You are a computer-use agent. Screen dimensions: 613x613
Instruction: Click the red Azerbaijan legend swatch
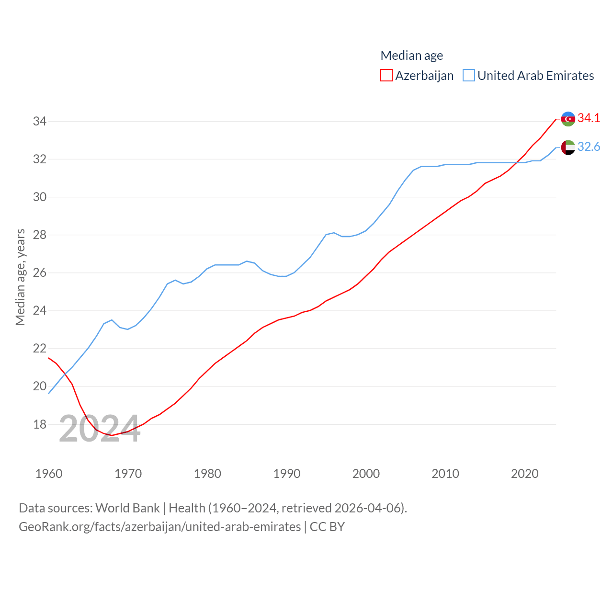tap(386, 76)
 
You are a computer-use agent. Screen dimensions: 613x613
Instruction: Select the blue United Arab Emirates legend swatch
tap(469, 76)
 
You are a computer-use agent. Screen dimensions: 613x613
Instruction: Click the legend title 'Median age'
tap(411, 56)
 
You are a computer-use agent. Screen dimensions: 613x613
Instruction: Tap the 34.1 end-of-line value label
tap(589, 118)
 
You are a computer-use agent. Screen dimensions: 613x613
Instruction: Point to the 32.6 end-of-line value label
tap(589, 147)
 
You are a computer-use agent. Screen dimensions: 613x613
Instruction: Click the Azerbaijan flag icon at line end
tap(568, 119)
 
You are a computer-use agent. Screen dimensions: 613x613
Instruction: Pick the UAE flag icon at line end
tap(568, 148)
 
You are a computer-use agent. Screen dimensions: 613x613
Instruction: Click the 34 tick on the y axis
tap(40, 121)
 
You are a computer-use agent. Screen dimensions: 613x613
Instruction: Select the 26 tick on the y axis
tap(40, 273)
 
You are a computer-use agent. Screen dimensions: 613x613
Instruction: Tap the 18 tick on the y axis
tap(40, 424)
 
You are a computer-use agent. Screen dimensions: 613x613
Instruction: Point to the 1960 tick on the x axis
tap(49, 474)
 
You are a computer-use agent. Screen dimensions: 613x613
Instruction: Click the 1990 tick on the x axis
tap(287, 474)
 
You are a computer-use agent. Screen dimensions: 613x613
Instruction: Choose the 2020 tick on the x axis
tap(525, 474)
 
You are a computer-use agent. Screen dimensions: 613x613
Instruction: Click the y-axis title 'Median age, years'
tap(20, 277)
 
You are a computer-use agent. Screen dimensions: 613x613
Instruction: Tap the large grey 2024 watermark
tap(100, 429)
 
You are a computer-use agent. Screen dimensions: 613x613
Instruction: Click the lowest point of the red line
tap(112, 435)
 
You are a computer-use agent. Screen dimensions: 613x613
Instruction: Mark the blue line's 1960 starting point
tap(49, 394)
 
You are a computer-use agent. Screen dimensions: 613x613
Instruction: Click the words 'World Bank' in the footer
tap(127, 508)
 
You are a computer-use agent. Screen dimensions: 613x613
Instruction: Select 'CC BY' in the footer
tap(327, 527)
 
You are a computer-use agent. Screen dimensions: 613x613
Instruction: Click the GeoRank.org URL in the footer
tap(159, 527)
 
